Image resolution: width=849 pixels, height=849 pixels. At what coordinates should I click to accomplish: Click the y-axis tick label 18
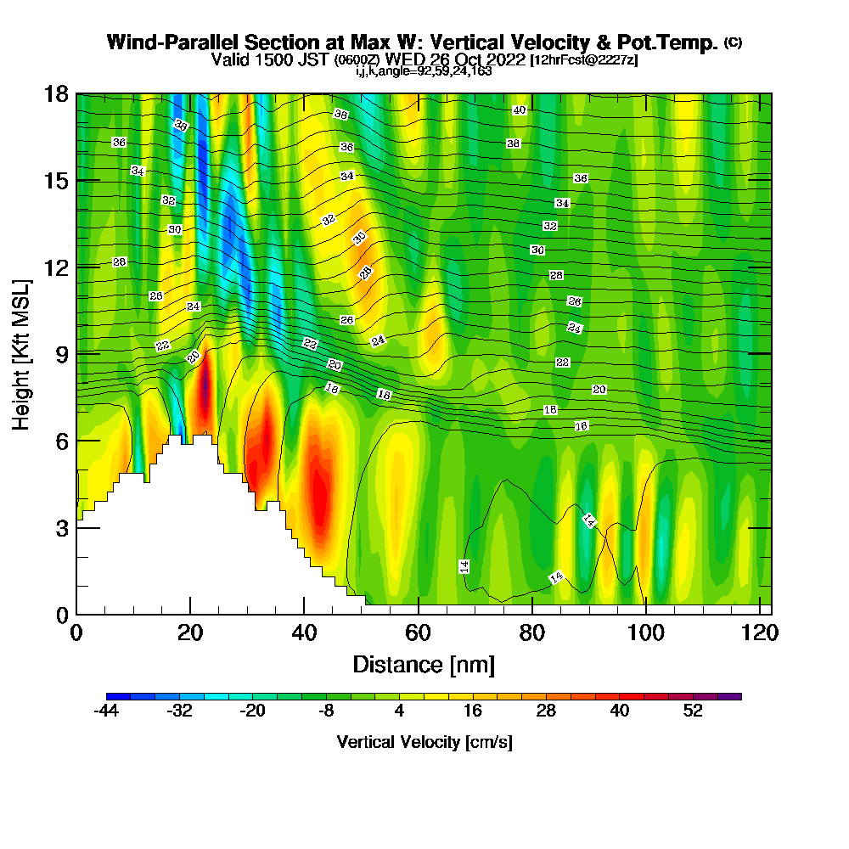coord(56,94)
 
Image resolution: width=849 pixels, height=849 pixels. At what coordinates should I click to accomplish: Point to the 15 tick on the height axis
coord(56,181)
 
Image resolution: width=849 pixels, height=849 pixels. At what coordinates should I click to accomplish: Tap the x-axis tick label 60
coord(419,633)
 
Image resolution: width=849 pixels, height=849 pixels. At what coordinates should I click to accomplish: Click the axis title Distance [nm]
coord(424,663)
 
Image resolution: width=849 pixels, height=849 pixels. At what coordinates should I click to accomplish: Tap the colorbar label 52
coord(693,711)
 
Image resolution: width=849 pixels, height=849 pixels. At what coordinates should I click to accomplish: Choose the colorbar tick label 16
coord(473,711)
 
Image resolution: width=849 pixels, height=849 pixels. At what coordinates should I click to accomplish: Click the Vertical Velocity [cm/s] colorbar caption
coord(424,742)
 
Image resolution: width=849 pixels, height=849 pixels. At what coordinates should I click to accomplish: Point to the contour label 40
coord(520,110)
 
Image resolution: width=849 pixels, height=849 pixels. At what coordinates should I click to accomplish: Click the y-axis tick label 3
coord(62,527)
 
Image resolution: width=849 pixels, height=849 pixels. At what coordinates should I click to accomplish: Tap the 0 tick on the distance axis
coord(76,633)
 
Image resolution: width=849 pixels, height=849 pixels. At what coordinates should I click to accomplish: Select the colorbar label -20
coord(252,711)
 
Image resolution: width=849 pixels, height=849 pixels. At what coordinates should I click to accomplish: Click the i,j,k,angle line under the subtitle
coord(424,71)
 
